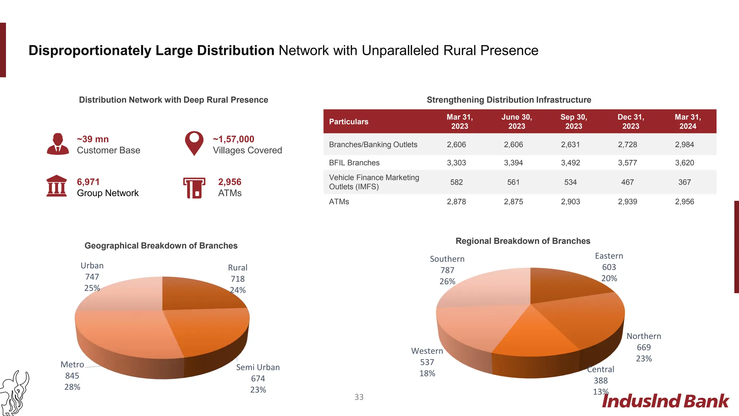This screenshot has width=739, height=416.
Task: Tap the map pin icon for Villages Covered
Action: pos(194,143)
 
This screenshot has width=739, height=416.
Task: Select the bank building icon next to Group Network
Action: pos(57,186)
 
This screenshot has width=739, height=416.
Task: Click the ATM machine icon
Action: pos(194,187)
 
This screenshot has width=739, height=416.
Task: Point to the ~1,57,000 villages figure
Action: pos(233,139)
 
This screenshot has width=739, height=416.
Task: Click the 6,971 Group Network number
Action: pos(88,182)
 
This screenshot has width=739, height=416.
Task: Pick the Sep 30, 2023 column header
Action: pos(573,121)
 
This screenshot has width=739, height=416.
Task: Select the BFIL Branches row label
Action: pos(354,162)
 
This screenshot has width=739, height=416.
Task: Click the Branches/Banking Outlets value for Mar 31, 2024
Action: pos(684,144)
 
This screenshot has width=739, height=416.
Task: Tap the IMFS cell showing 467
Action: pos(627,182)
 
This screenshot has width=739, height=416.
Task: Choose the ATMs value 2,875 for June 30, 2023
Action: pos(513,201)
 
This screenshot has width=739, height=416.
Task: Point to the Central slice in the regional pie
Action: pos(534,336)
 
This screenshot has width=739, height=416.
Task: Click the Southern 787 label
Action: pos(447,270)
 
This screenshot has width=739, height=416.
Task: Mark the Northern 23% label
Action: pos(643,359)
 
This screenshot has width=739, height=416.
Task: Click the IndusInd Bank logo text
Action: pos(665,402)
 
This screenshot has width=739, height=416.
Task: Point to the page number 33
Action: pos(359,397)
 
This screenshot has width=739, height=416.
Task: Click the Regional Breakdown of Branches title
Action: pos(522,241)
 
